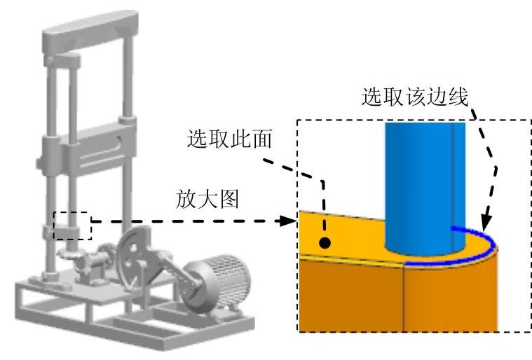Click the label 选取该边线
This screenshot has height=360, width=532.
414,97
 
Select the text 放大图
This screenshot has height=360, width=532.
207,200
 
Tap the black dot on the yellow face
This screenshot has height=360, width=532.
325,243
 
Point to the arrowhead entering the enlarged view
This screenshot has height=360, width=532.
285,222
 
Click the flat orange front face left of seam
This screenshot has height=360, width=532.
350,294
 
